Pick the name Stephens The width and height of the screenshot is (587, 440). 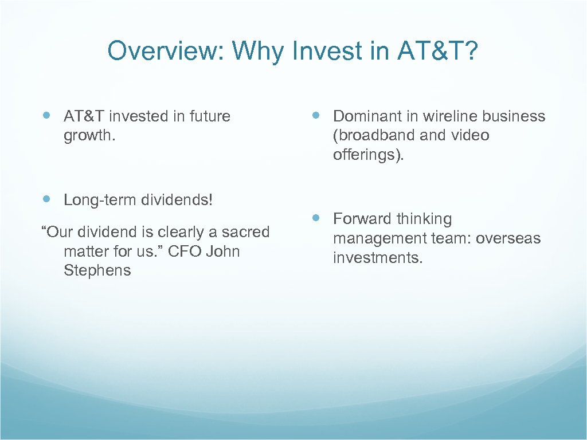(x=97, y=270)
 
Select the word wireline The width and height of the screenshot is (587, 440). (x=449, y=116)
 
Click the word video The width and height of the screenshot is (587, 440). (x=470, y=135)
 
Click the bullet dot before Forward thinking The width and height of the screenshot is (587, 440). (x=316, y=218)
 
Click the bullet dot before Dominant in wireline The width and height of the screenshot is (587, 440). (x=316, y=116)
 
